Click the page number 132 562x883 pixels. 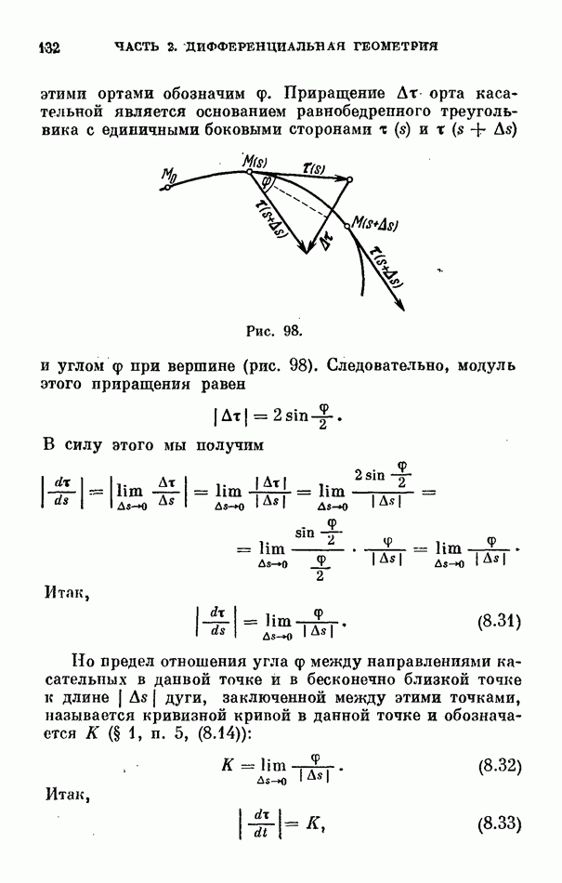click(x=48, y=46)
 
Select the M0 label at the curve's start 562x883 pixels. click(x=169, y=174)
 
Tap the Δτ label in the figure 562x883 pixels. click(x=324, y=244)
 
